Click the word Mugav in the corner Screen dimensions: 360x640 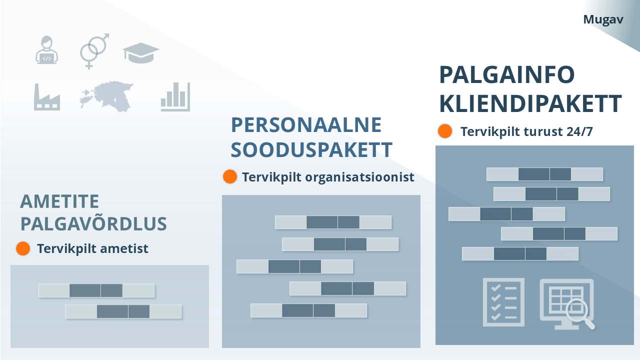pos(603,19)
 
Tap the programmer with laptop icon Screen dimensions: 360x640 pos(46,50)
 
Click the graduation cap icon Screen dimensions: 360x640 pos(141,52)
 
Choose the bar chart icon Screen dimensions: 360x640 pos(175,97)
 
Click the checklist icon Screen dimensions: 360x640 pos(503,302)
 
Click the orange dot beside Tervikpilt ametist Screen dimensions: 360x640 pos(23,248)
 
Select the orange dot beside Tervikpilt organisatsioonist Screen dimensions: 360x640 pos(229,176)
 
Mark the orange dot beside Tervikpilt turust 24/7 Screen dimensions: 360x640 pos(444,131)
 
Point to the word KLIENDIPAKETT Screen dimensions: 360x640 pos(530,103)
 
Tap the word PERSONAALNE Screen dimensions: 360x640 pos(306,125)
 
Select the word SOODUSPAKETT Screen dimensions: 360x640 pos(311,149)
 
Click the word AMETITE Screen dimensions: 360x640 pos(59,201)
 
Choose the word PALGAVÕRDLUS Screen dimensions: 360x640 pos(93,224)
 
